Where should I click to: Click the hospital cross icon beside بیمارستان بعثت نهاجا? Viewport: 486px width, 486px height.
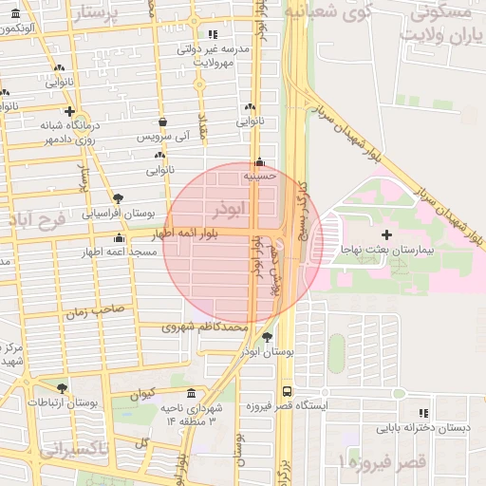pyautogui.click(x=385, y=234)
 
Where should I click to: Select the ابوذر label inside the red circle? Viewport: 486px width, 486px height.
pyautogui.click(x=230, y=207)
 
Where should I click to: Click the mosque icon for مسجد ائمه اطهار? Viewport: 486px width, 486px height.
pyautogui.click(x=118, y=237)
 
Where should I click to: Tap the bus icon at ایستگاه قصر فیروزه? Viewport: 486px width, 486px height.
pyautogui.click(x=287, y=391)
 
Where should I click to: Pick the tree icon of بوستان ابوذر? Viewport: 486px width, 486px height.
pyautogui.click(x=266, y=337)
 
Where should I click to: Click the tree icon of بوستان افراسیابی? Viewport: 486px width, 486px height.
pyautogui.click(x=118, y=198)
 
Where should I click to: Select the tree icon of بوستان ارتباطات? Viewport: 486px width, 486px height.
pyautogui.click(x=63, y=388)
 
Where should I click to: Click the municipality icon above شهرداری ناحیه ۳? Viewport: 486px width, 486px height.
pyautogui.click(x=192, y=394)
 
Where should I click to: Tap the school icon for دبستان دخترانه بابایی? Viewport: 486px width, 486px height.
pyautogui.click(x=423, y=413)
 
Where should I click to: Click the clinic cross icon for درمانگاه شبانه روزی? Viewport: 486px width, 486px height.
pyautogui.click(x=69, y=111)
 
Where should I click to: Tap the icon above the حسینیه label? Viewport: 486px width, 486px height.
pyautogui.click(x=259, y=161)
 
